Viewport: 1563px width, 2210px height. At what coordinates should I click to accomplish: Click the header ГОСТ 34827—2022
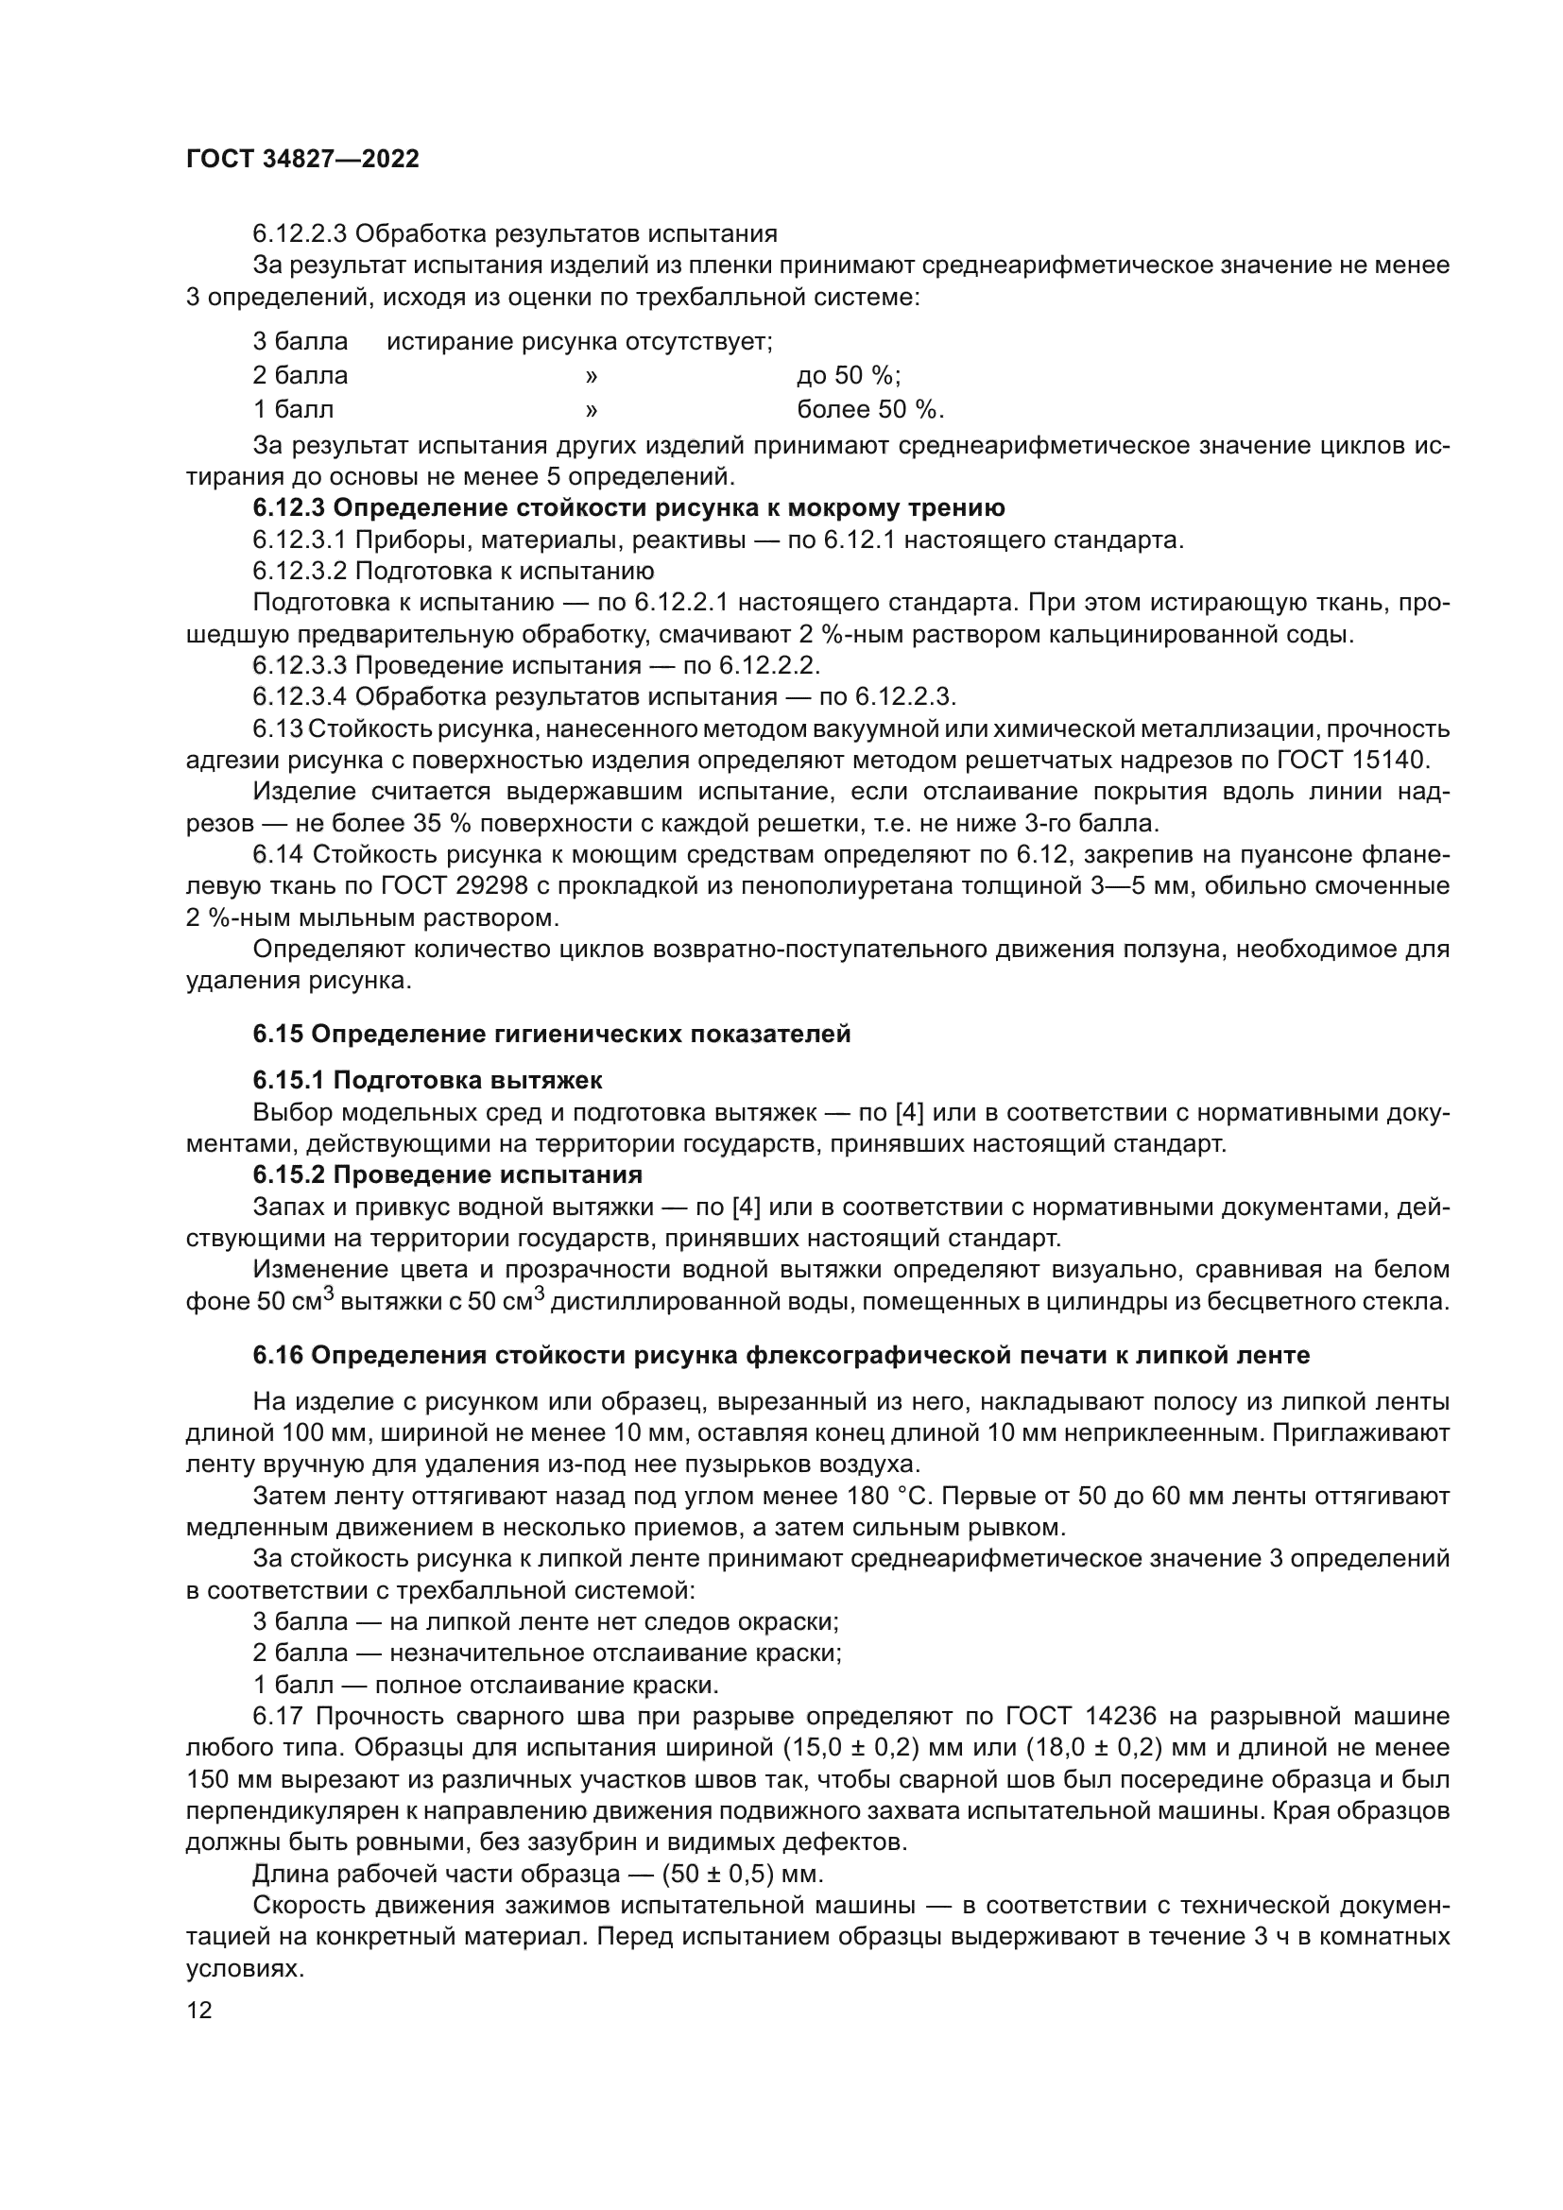[302, 160]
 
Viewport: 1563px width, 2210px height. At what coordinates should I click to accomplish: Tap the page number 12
[199, 2010]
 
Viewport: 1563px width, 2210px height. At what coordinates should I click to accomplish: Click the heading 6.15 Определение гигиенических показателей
[552, 1034]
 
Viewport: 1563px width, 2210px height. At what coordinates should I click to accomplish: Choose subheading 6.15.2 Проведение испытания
[448, 1174]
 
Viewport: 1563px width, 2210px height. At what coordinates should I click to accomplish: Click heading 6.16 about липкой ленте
[781, 1355]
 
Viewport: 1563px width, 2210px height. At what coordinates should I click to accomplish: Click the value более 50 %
[870, 410]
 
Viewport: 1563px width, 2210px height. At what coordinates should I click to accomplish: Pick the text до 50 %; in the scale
[848, 375]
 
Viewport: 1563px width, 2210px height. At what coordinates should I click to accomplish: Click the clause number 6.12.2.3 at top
[301, 234]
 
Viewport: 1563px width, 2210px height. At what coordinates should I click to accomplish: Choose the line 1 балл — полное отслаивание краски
[486, 1686]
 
